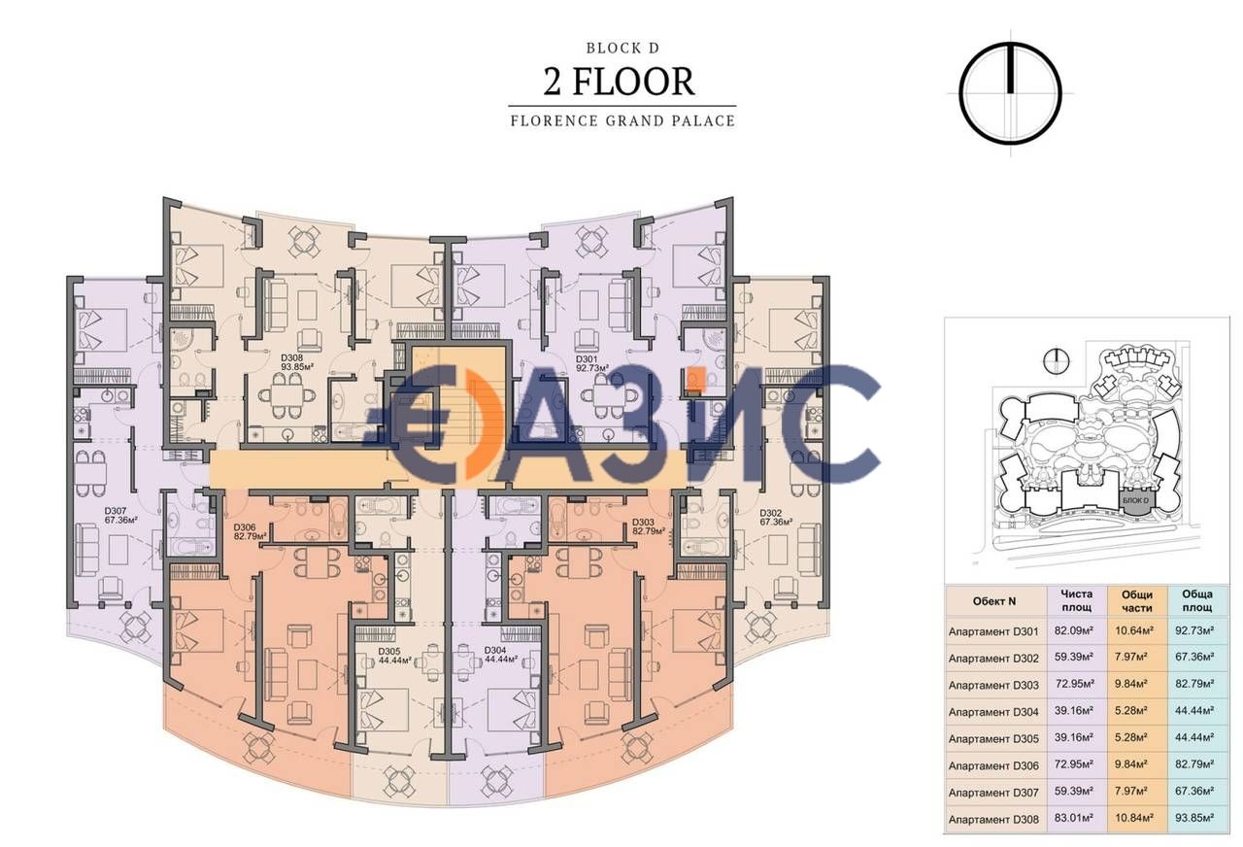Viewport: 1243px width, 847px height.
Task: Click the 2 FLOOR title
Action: point(620,82)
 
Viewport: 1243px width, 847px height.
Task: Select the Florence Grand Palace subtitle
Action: point(621,121)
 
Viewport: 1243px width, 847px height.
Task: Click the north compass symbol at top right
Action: point(1010,94)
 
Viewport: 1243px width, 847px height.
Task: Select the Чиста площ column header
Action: point(1075,600)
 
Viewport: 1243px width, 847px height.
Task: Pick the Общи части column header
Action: point(1137,600)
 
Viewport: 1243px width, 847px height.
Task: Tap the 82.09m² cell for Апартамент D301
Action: point(1075,630)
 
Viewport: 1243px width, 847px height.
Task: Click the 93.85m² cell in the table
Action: point(1197,820)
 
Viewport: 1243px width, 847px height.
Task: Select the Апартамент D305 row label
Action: point(993,738)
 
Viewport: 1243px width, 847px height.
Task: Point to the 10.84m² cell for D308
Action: point(1137,820)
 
